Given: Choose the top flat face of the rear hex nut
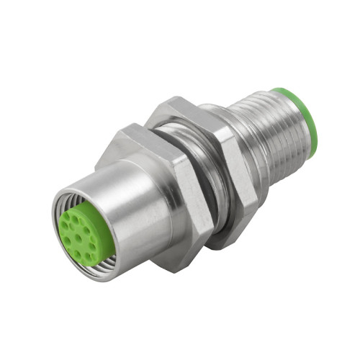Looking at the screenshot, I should click(176, 108).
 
